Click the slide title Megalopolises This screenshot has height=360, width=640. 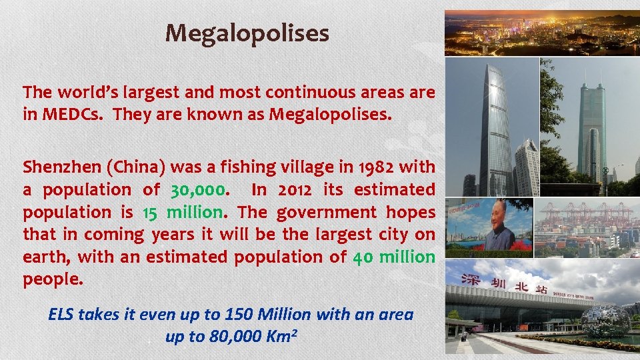pos(247,32)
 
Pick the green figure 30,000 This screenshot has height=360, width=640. pos(199,190)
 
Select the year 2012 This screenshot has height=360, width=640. pos(294,190)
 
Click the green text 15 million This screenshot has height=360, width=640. pos(182,212)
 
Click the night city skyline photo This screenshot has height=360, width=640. pos(542,32)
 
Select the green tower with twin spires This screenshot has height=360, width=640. pos(591,130)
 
